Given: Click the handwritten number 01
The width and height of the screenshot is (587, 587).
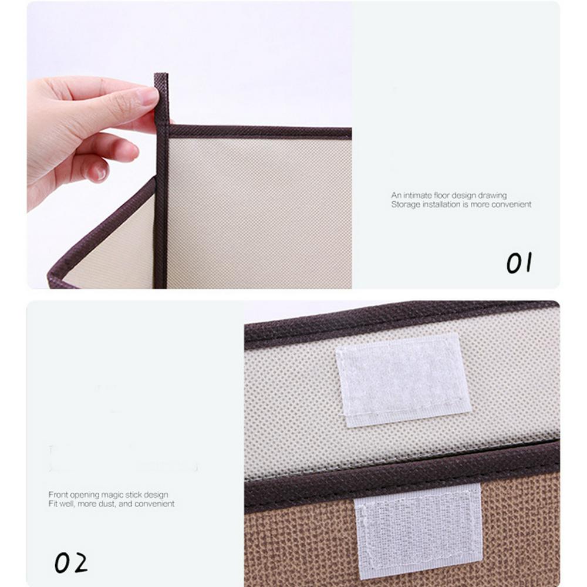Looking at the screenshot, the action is pos(519,262).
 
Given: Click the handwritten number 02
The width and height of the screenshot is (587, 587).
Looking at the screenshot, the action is pos(71,563).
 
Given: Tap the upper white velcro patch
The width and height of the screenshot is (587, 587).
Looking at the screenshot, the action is pos(403,380).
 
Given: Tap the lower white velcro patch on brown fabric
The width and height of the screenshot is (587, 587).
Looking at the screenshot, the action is pos(418,531).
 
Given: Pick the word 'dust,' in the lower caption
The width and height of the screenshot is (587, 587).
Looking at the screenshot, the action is pos(107,504).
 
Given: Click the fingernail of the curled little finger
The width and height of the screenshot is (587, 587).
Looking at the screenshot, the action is pos(100,172).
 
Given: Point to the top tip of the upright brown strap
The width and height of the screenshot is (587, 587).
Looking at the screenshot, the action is pos(161,74).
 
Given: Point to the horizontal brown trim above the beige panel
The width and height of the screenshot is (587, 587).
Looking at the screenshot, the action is pos(260,131).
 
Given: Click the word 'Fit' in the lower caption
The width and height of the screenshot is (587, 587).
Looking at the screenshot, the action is pos(53,504).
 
